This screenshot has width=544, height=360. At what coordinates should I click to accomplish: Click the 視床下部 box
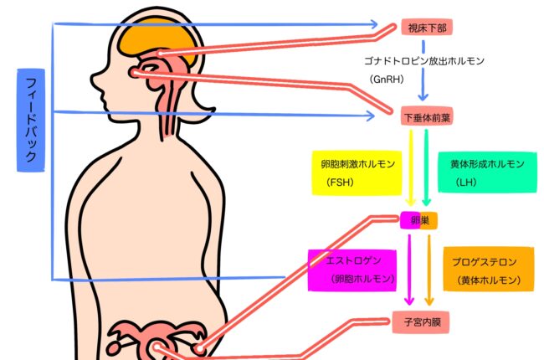(427, 28)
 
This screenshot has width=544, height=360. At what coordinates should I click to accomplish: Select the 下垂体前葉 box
(426, 117)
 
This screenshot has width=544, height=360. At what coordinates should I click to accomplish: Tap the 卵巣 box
(418, 220)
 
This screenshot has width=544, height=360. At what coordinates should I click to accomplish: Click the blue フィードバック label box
(30, 121)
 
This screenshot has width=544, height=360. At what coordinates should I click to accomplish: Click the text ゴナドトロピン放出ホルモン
(424, 61)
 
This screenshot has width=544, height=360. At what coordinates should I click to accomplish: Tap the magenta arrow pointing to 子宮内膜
(409, 270)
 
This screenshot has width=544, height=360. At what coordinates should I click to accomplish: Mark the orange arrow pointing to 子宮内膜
(429, 270)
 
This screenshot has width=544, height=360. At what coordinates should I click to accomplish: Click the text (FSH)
(341, 181)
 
